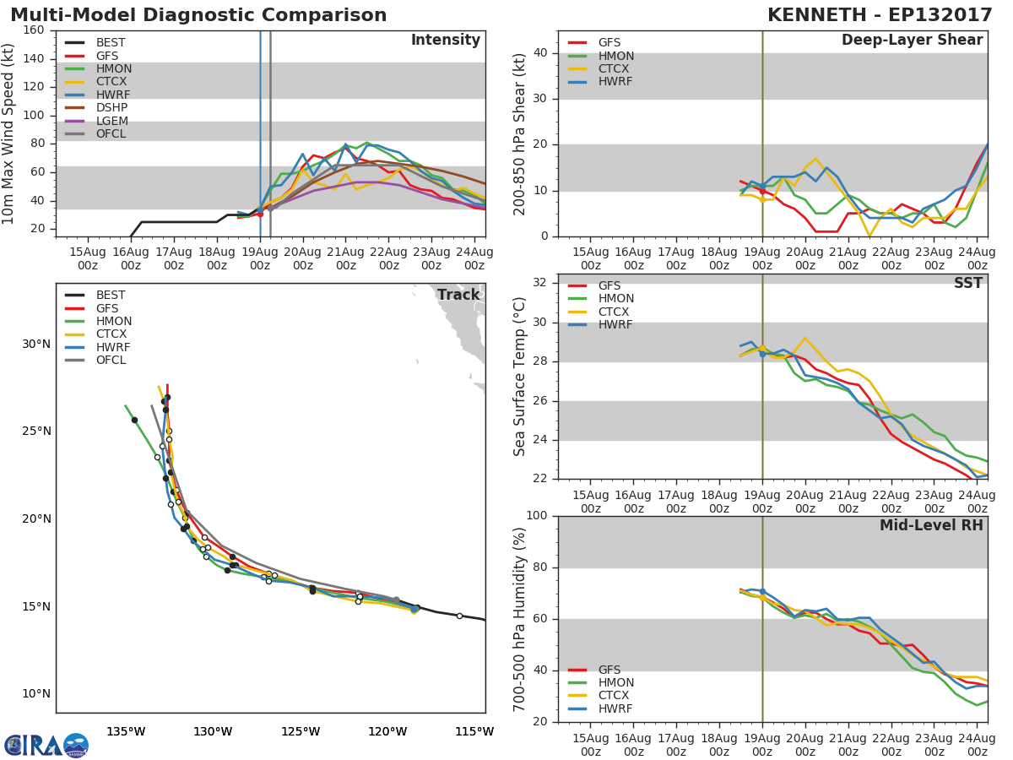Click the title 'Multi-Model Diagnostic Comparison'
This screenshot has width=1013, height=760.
click(x=198, y=15)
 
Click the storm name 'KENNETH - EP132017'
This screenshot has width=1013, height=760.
click(x=876, y=15)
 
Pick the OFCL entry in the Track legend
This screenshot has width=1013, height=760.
click(x=111, y=361)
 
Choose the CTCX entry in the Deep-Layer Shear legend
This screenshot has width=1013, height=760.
click(x=614, y=68)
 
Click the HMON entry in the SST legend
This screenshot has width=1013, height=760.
click(x=615, y=299)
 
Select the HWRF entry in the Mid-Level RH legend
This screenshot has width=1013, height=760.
click(x=615, y=708)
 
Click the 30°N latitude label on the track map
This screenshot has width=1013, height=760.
click(x=36, y=344)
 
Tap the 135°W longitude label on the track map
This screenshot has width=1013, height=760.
click(x=126, y=731)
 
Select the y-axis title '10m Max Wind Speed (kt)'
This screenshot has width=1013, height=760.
click(x=9, y=135)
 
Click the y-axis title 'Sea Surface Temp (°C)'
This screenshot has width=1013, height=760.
click(x=520, y=377)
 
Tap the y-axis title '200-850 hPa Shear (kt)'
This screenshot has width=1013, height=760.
click(x=520, y=133)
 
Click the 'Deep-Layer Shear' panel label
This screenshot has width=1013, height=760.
click(x=912, y=41)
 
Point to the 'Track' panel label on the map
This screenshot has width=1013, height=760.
click(x=458, y=295)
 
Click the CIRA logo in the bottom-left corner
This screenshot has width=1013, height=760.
click(x=46, y=745)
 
